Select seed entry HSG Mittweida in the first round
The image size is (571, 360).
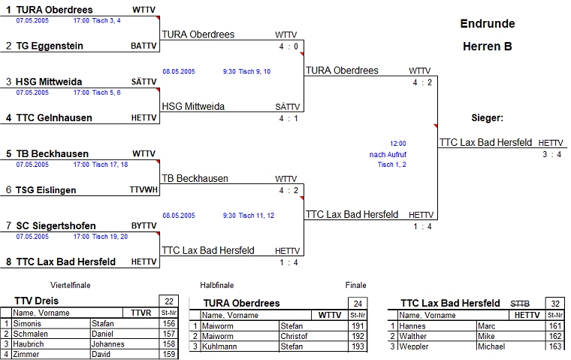click(x=55, y=82)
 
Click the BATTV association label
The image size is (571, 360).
click(x=144, y=46)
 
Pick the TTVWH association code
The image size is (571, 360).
click(x=143, y=190)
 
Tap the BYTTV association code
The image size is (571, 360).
click(x=144, y=225)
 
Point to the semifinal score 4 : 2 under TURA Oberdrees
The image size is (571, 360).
click(x=422, y=82)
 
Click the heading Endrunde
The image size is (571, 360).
click(x=487, y=23)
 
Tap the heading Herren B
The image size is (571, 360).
click(x=487, y=46)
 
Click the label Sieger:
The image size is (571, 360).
click(x=487, y=118)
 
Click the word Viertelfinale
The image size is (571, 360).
click(x=71, y=286)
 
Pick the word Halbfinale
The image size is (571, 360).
click(x=217, y=286)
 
